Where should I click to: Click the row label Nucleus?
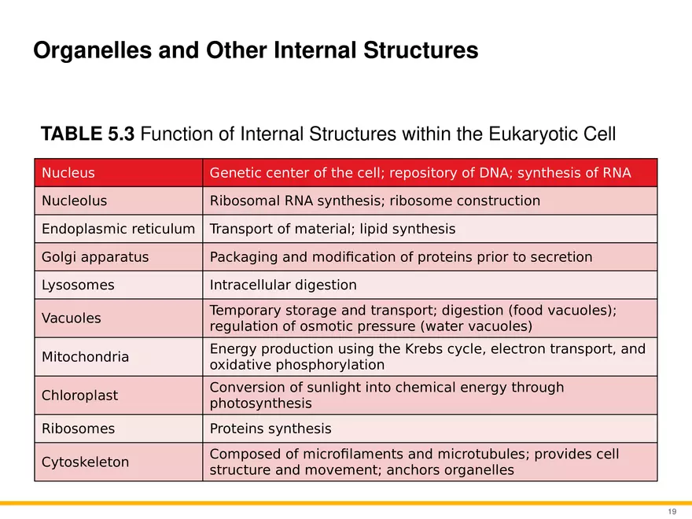[68, 173]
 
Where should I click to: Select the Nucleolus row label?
[74, 201]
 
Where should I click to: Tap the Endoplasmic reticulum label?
[118, 230]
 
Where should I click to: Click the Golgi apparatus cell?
[94, 257]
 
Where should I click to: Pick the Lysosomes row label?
[78, 285]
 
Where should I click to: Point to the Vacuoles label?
[71, 318]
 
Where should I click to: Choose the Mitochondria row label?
[85, 357]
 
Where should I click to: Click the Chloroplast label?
[79, 396]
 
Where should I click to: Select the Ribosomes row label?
[78, 429]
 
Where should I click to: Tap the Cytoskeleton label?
[85, 462]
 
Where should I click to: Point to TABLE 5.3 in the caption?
[89, 134]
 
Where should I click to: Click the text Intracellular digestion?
[283, 285]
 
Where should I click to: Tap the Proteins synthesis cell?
[271, 429]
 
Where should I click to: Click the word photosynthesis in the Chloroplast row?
[260, 404]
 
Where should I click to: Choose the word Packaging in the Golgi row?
[240, 257]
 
